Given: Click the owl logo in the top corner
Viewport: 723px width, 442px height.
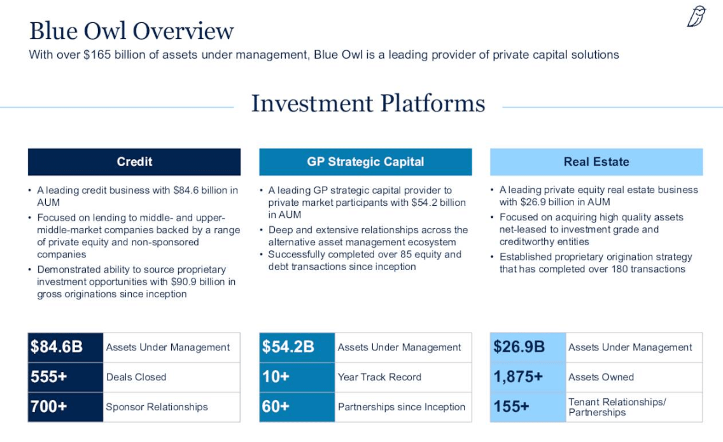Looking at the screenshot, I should pos(696,17).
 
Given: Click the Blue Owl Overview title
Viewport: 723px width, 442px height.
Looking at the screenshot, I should pos(132,31).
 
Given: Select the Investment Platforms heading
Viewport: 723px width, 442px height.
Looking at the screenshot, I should pos(368,103).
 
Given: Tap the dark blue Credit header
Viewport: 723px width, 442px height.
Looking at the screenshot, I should pos(134,162).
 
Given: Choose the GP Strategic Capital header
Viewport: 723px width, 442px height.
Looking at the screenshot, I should pos(365,162).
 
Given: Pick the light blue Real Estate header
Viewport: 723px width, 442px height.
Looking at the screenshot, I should pos(596,162).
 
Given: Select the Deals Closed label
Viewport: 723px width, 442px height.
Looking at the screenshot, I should pos(136,377).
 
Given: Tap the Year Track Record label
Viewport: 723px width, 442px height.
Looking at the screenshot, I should pos(379,377).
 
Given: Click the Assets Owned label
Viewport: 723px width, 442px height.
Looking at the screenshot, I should pos(601,377).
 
